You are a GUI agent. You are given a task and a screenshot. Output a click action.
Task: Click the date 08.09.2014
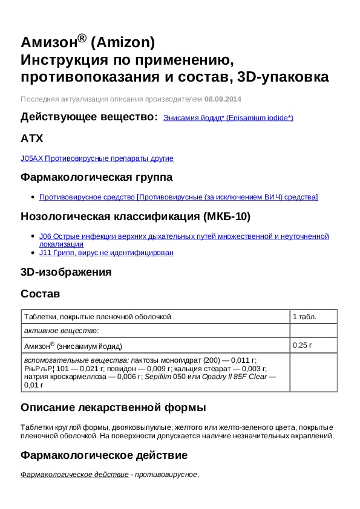[x=223, y=99]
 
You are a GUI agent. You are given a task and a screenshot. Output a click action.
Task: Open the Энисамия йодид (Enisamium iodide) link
[x=228, y=118]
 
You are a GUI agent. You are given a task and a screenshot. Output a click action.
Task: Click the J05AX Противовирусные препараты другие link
[x=97, y=158]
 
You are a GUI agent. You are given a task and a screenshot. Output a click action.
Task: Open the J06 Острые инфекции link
[x=183, y=236]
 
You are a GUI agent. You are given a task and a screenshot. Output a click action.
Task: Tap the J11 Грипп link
[x=106, y=253]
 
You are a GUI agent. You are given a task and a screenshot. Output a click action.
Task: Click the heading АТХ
[x=32, y=138]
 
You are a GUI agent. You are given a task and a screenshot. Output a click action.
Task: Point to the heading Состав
[x=41, y=293]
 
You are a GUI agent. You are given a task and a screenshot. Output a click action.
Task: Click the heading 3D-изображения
[x=66, y=272]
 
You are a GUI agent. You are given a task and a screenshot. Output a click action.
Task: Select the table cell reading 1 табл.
[x=304, y=317]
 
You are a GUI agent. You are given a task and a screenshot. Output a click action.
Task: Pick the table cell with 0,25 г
[x=302, y=345]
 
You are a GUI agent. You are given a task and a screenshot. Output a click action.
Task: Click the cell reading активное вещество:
[x=61, y=331]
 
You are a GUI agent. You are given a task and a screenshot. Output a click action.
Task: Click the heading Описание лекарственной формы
[x=113, y=407]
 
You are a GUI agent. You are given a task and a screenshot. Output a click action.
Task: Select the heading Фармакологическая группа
[x=96, y=177]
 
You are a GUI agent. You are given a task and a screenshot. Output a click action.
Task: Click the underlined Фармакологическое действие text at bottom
[x=74, y=475]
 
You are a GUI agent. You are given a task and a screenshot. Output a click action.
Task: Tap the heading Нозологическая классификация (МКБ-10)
[x=136, y=216]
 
